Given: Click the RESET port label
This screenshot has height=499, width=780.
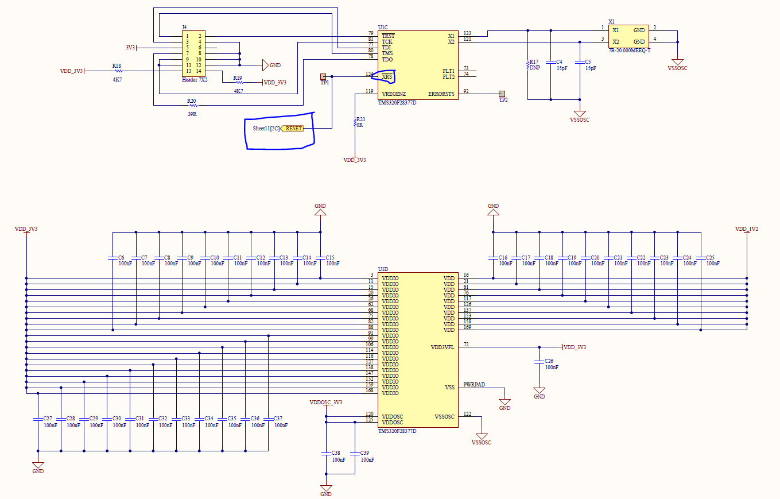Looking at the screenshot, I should click(293, 128).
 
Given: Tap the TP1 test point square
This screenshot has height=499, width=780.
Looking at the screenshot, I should click(323, 76).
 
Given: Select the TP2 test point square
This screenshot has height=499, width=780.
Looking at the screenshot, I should click(502, 94).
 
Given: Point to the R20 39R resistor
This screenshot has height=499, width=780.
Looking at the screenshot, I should click(192, 105).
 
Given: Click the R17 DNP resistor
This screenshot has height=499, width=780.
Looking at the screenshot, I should click(527, 65).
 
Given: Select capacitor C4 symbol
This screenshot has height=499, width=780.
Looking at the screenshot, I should click(550, 61).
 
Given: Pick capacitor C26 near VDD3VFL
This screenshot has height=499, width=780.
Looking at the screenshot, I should click(539, 362).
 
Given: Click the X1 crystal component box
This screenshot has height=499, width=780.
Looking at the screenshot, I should click(628, 36).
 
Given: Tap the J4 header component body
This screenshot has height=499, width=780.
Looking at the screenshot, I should click(193, 53).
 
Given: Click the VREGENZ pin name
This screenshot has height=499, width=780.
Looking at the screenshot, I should click(394, 94).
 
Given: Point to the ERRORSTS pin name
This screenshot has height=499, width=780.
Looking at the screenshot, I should click(441, 94).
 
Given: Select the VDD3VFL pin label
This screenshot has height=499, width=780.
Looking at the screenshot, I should click(442, 347).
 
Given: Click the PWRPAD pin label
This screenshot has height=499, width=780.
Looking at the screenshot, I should click(475, 385).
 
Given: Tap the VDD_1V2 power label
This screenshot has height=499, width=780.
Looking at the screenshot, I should click(747, 229).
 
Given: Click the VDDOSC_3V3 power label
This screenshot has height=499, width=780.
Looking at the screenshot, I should click(325, 402).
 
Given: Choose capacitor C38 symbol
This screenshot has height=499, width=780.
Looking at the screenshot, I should click(325, 453).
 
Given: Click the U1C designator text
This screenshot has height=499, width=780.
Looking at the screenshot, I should click(383, 27).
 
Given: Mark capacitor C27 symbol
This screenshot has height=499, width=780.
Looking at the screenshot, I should click(38, 419).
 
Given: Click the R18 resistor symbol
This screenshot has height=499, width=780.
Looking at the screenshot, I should click(118, 71).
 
